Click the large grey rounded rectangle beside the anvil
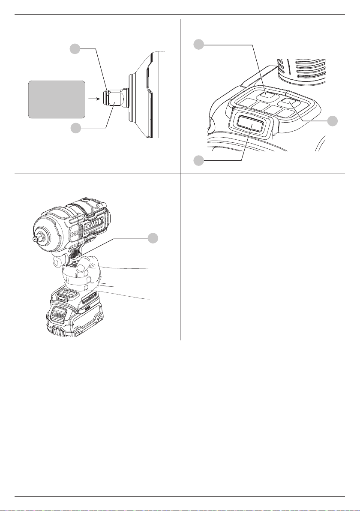pyautogui.click(x=57, y=99)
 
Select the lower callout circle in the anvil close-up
pyautogui.click(x=76, y=128)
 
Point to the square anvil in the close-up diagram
pyautogui.click(x=115, y=98)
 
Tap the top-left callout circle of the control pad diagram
pyautogui.click(x=198, y=44)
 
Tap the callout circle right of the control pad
pyautogui.click(x=333, y=121)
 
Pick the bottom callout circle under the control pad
pyautogui.click(x=198, y=160)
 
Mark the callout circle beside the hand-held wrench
pyautogui.click(x=153, y=238)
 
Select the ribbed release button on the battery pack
pyautogui.click(x=59, y=315)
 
